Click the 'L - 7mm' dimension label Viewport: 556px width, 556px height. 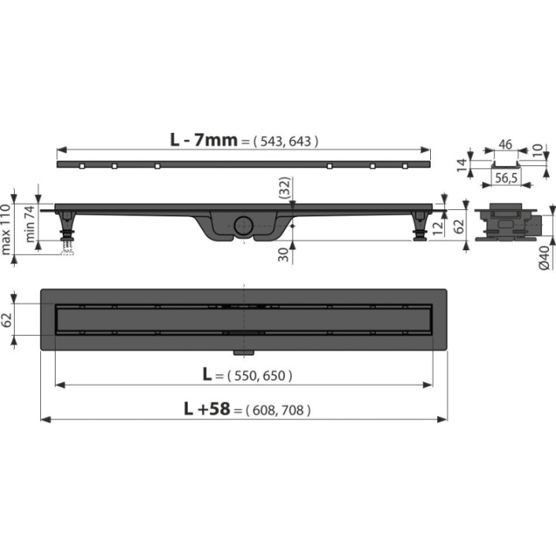[x=204, y=140]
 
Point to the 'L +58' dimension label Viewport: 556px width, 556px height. [x=207, y=409]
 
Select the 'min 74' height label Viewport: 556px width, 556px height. [x=30, y=224]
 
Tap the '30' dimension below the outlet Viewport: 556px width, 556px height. [x=283, y=255]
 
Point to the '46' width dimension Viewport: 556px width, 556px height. [x=505, y=144]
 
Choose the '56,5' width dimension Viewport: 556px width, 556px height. [x=506, y=178]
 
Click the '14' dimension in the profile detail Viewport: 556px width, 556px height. [x=461, y=165]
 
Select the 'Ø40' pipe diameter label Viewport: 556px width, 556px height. [x=544, y=258]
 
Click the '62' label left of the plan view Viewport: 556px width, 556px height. [x=7, y=320]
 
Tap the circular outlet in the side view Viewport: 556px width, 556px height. [x=243, y=225]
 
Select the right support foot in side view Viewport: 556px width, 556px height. [x=421, y=226]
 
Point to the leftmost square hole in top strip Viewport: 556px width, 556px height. [x=83, y=166]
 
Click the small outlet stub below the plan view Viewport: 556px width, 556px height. [x=243, y=352]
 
